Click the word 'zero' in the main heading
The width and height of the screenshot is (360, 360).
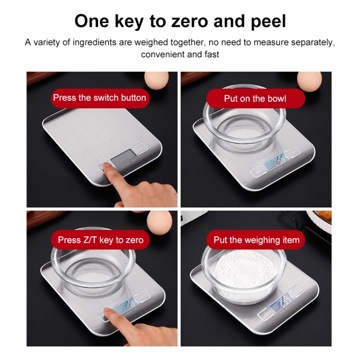coord(190,21)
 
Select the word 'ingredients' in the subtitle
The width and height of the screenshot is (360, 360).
coord(95,43)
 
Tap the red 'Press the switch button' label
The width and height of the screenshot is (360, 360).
coord(100,98)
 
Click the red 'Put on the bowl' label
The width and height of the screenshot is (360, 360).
coord(255,99)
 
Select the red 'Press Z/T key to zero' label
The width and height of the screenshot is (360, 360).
coord(100,240)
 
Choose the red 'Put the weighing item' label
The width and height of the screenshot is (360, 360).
coord(256,240)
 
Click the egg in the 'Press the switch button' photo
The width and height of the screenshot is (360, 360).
coord(156,80)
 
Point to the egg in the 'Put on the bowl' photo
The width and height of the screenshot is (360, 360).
coord(309,81)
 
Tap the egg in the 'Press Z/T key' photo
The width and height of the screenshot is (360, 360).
coord(159,222)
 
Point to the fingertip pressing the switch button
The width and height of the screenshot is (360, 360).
coord(107,166)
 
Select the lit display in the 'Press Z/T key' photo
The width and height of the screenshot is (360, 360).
coord(125,305)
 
